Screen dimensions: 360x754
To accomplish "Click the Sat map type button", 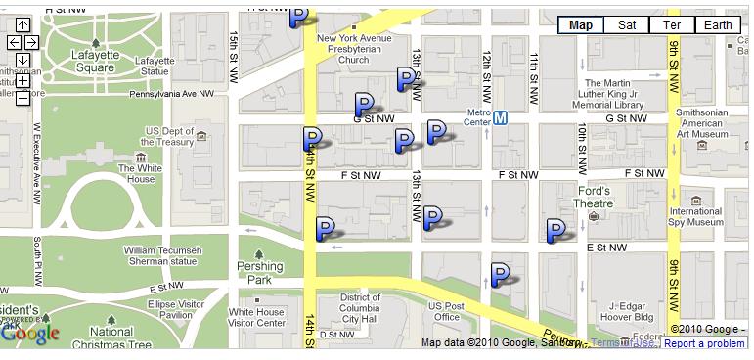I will tap(627, 25).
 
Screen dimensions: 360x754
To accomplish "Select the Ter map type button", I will tap(672, 25).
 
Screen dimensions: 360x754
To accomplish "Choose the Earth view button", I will tap(717, 25).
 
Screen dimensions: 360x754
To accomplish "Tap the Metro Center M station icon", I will tap(501, 118).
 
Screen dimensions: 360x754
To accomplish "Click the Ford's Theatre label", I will tap(594, 198).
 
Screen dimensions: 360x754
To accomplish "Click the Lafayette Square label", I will tap(94, 61).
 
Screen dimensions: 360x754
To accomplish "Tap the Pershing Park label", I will tap(259, 272).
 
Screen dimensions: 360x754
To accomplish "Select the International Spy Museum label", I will tap(695, 217).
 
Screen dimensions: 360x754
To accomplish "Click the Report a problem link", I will tap(704, 343).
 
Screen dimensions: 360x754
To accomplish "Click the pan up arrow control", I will tap(22, 24).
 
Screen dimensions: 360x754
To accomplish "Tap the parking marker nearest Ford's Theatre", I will tap(556, 231).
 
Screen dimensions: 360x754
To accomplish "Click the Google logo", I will tap(30, 334).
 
